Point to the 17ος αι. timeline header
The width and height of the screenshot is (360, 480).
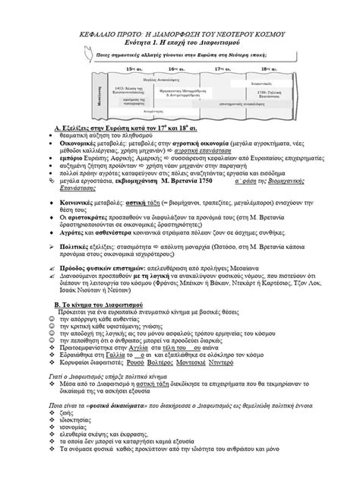point(223,69)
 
